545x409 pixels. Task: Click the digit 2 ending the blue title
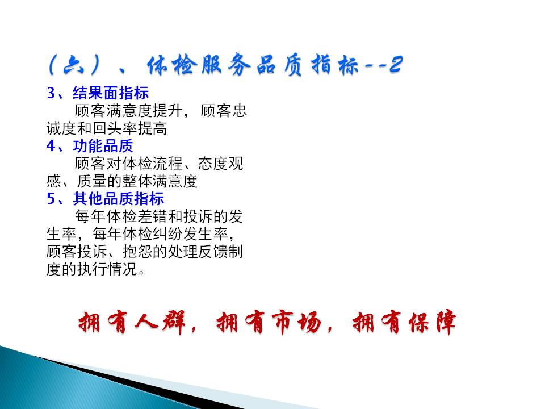(x=396, y=64)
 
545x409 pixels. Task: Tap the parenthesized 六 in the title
(x=74, y=65)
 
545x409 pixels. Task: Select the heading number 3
(x=51, y=93)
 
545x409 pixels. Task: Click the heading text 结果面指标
(x=111, y=93)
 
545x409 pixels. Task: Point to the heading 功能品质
(x=103, y=146)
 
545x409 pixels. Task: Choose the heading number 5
(x=51, y=199)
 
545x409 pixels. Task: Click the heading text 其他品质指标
(x=119, y=199)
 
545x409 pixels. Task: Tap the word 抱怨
(x=137, y=252)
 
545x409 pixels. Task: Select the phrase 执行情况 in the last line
(x=107, y=269)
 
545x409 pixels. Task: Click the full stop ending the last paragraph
(x=141, y=272)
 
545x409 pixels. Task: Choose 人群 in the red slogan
(x=161, y=322)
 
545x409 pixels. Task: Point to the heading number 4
(x=51, y=146)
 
